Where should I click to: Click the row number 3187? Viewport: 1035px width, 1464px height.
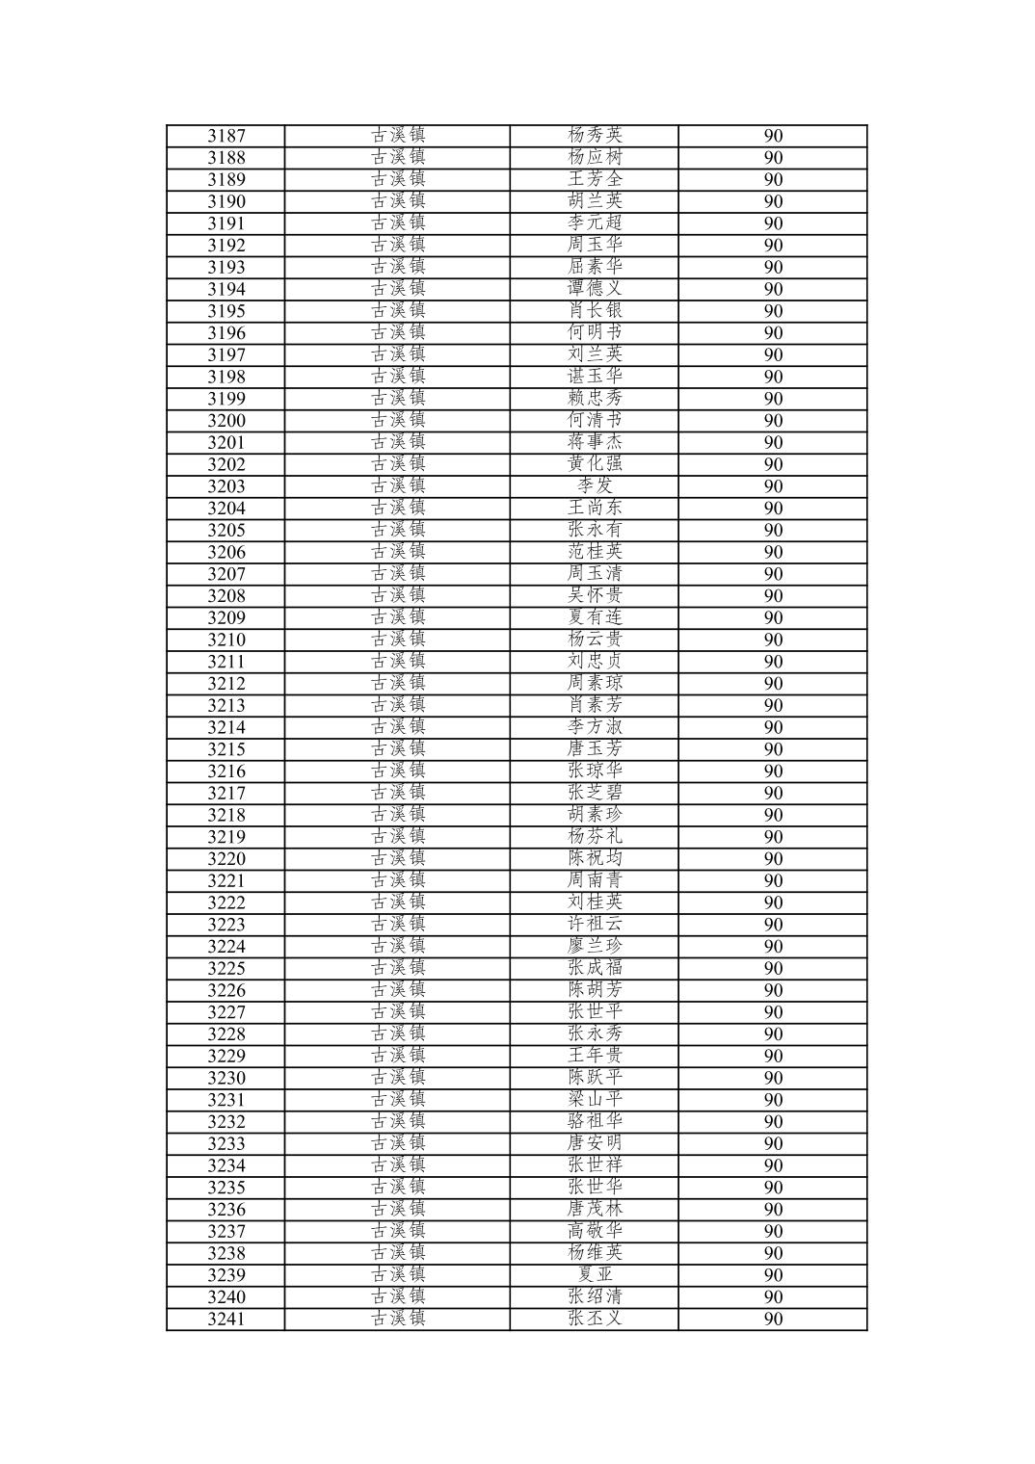[x=226, y=136]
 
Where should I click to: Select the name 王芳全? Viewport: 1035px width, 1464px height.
[x=595, y=179]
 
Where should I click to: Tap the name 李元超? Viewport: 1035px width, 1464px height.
[x=595, y=223]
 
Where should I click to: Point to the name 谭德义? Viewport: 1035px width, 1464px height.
[x=595, y=289]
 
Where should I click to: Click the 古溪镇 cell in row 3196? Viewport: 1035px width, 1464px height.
[x=398, y=333]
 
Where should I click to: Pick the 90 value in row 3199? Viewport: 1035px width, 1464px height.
[x=773, y=399]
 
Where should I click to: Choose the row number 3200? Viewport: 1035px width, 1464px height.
[x=226, y=421]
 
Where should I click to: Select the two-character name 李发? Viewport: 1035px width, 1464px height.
[x=595, y=486]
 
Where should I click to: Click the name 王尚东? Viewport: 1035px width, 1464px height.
[x=595, y=509]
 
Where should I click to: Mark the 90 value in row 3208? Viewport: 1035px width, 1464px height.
[x=773, y=596]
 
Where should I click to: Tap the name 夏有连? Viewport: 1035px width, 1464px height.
[x=595, y=618]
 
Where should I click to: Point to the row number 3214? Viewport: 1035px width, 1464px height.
[x=226, y=728]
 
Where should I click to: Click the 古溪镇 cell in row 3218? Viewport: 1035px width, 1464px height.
[x=398, y=816]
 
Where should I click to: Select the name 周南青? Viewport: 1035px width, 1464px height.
[x=595, y=881]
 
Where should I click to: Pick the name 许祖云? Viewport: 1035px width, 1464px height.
[x=595, y=925]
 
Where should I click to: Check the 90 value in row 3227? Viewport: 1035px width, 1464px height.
[x=773, y=1012]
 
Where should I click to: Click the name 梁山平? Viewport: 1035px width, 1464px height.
[x=595, y=1100]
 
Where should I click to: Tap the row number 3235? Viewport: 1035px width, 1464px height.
[x=226, y=1188]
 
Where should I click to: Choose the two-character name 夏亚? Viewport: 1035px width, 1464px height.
[x=595, y=1275]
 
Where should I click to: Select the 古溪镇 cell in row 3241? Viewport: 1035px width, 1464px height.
[x=398, y=1320]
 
